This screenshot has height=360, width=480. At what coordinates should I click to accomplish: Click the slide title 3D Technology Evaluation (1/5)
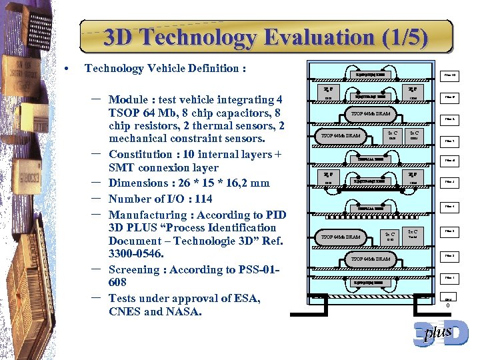tap(265, 37)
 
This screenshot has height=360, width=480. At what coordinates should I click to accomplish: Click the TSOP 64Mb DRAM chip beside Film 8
tap(370, 114)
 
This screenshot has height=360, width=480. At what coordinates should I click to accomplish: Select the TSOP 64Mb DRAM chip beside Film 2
tap(370, 259)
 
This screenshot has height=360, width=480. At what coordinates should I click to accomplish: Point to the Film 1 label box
tap(449, 277)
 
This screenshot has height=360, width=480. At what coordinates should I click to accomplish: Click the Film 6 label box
tap(449, 161)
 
